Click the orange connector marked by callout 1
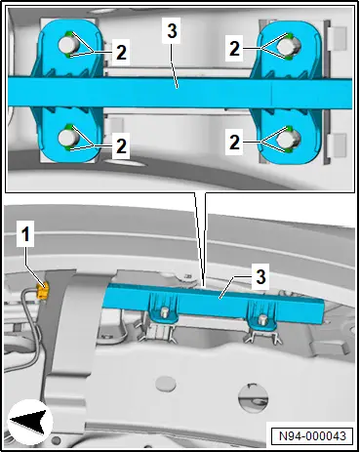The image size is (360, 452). pyautogui.click(x=43, y=290)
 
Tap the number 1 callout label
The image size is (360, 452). pyautogui.click(x=25, y=235)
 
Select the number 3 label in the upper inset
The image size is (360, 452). pyautogui.click(x=172, y=30)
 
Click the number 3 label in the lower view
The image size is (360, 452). pyautogui.click(x=260, y=277)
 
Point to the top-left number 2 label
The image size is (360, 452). pyautogui.click(x=121, y=52)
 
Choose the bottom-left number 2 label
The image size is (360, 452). pyautogui.click(x=121, y=145)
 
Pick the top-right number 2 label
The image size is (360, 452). pyautogui.click(x=234, y=49)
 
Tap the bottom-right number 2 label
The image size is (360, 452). pyautogui.click(x=234, y=143)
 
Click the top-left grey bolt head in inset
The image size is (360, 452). pyautogui.click(x=68, y=45)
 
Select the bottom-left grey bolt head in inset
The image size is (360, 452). pyautogui.click(x=68, y=138)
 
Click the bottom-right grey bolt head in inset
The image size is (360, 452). pyautogui.click(x=289, y=140)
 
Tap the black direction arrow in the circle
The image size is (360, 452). pyautogui.click(x=29, y=422)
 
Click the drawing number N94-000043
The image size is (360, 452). pyautogui.click(x=312, y=435)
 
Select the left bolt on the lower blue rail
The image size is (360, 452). pyautogui.click(x=165, y=312)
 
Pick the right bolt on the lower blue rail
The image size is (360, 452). pyautogui.click(x=261, y=319)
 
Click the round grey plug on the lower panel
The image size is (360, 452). pyautogui.click(x=166, y=383)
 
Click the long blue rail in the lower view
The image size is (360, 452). pyautogui.click(x=215, y=300)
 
